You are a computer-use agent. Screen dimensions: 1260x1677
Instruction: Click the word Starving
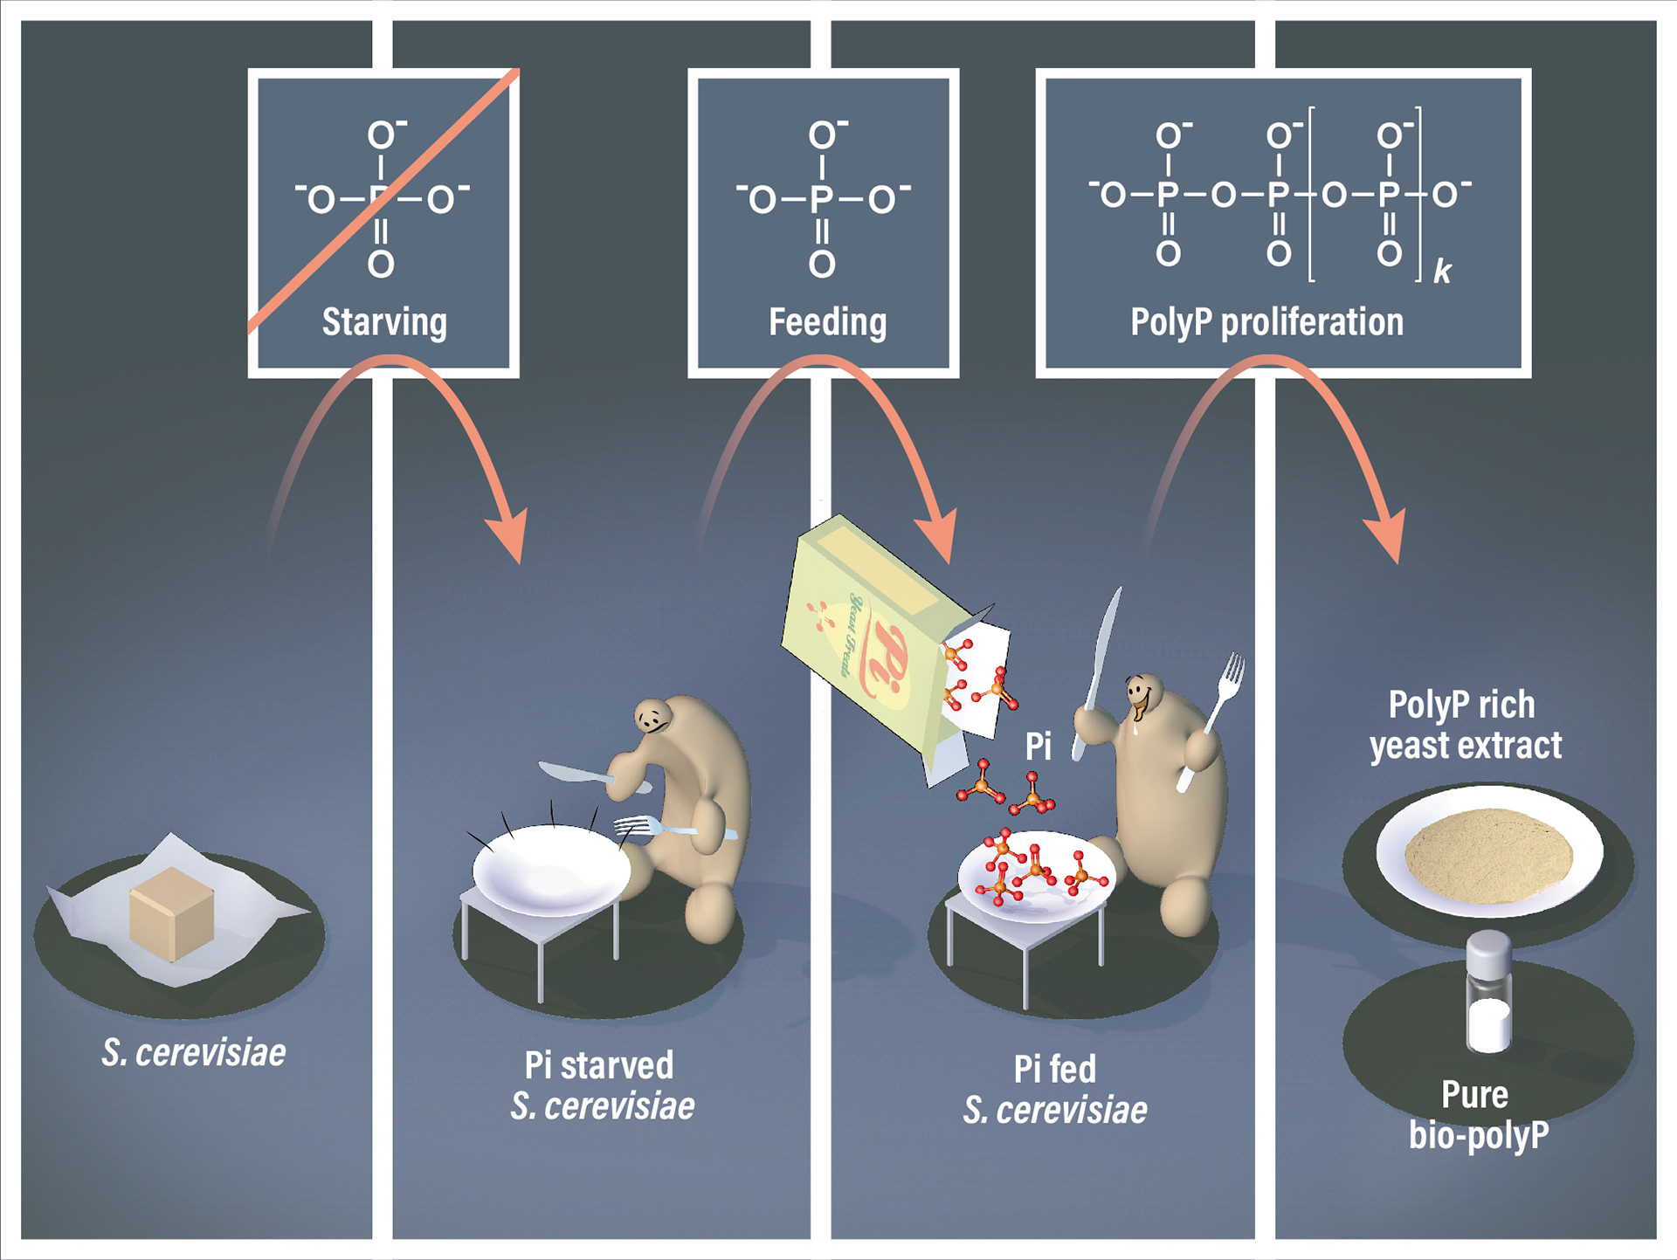[x=384, y=322]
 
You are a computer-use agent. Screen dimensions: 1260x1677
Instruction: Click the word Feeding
[x=827, y=322]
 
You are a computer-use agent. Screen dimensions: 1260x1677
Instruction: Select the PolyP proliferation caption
[x=1266, y=322]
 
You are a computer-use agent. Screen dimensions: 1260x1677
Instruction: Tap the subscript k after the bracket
[x=1442, y=272]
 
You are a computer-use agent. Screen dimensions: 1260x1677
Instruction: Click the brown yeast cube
[x=171, y=912]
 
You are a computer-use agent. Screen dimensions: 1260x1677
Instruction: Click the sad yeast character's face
[x=652, y=720]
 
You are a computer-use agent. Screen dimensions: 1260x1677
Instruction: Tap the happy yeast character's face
[x=1139, y=693]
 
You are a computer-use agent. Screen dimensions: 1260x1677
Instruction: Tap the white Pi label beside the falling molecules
[x=1038, y=747]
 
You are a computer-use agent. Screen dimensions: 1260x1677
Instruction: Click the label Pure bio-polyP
[x=1478, y=1115]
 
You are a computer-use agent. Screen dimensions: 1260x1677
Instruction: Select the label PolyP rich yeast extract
[x=1465, y=725]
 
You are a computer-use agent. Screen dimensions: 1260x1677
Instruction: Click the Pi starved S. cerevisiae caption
[x=601, y=1085]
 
